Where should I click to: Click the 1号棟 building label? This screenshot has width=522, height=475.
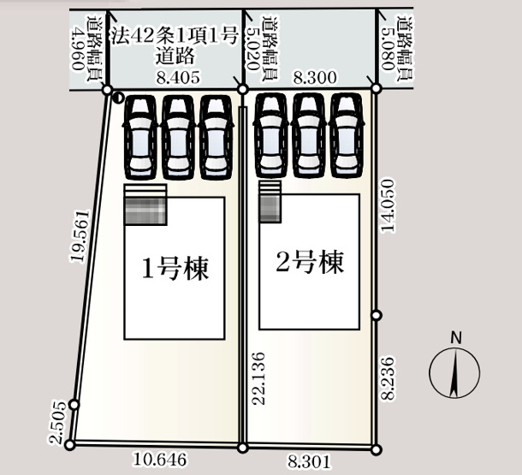175,269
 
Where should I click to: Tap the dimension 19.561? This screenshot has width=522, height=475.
79,234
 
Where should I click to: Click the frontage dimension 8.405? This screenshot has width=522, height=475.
178,77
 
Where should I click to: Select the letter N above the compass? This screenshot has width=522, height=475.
456,337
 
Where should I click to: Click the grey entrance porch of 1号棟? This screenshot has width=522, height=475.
145,205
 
